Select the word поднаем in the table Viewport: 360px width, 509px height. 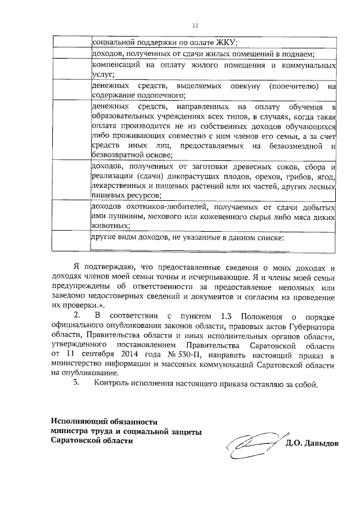(298, 55)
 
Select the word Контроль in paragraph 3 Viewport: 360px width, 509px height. (115, 385)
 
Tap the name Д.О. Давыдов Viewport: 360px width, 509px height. (312, 443)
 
